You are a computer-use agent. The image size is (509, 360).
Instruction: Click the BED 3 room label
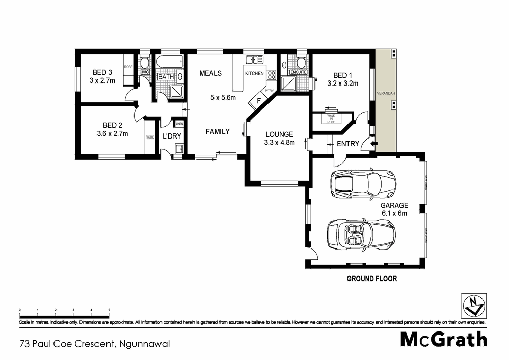102,72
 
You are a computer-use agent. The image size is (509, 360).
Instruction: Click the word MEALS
210,73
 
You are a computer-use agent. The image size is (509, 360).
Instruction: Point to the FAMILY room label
218,131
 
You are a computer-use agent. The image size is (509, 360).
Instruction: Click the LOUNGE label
280,134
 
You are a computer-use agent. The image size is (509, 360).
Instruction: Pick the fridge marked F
258,100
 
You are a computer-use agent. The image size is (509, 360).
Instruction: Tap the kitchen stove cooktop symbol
272,75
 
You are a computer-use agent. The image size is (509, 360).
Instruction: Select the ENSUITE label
298,73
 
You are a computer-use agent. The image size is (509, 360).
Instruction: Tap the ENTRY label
348,144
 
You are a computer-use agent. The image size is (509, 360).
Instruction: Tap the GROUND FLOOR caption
371,279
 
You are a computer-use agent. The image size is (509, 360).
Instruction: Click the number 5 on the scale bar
109,310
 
